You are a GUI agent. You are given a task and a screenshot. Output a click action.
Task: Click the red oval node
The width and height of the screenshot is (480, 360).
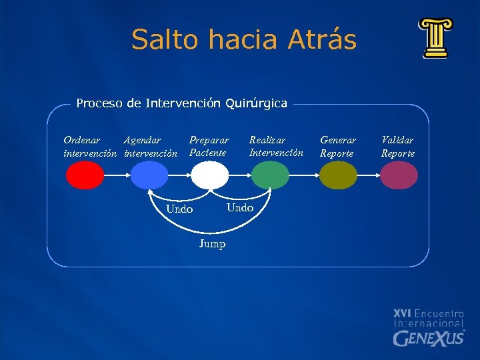pos(85,176)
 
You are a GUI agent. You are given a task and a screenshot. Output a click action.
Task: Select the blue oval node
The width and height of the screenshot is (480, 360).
pos(149,176)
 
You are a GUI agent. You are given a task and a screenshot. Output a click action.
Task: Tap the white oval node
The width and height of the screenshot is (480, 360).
pos(210,176)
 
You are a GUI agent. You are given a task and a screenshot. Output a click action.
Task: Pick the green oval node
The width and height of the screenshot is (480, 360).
pos(270,176)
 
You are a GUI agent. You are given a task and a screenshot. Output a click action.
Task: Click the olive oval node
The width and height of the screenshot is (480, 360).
pos(338,176)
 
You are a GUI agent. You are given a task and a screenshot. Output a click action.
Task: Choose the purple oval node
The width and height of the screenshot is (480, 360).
pos(399,176)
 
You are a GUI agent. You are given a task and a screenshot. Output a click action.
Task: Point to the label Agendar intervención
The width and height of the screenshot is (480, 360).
pos(151,147)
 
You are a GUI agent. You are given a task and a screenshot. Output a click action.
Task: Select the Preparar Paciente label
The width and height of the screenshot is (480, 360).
pos(209,147)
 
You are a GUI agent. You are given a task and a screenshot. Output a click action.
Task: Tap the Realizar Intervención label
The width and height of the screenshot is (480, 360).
pos(276,147)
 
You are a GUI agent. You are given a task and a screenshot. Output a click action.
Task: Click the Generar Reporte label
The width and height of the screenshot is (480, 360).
pos(338,147)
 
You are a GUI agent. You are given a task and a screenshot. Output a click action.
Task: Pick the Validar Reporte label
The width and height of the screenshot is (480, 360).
pos(398,147)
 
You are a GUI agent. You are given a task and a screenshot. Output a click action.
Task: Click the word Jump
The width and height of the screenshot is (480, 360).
pos(212,244)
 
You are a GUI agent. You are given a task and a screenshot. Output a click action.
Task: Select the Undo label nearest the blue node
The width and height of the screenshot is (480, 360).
pos(179,209)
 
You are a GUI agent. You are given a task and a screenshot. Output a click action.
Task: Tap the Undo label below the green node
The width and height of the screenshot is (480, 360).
pos(240,207)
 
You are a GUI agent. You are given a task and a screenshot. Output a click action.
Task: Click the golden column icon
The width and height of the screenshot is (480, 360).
pos(435,39)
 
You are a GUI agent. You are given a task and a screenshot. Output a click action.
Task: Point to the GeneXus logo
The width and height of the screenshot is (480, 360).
pos(429,327)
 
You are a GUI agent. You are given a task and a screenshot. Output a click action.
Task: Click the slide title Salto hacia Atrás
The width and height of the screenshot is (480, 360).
pos(244,39)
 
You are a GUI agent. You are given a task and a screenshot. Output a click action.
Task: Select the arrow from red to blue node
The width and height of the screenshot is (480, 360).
pos(117,176)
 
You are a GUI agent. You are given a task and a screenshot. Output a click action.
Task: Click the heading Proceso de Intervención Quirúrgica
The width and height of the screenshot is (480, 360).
pos(181,103)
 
